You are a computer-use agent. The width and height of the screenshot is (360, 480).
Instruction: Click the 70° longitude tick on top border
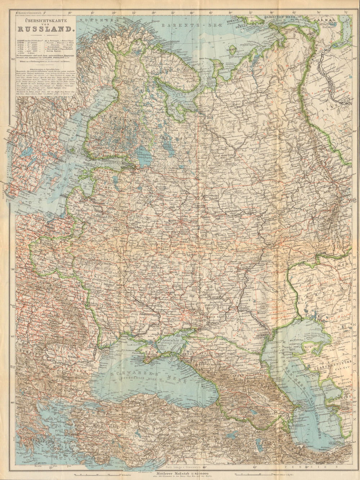319,13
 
